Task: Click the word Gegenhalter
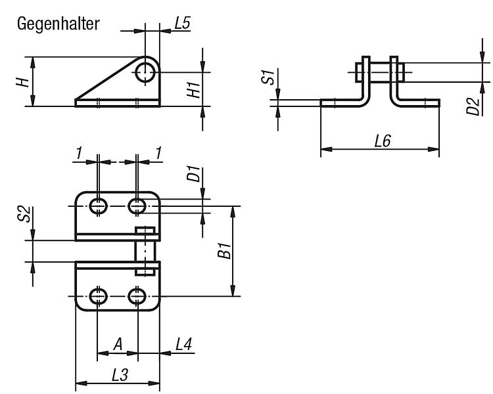tap(58, 24)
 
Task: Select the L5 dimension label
tap(183, 23)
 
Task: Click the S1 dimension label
tap(268, 77)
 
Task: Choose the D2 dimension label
tap(473, 106)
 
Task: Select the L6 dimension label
tap(383, 141)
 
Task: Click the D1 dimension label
tap(193, 174)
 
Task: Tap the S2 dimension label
tap(24, 214)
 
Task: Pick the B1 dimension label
tap(225, 250)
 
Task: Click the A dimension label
tap(118, 344)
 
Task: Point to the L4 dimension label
tap(183, 344)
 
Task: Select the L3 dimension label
tap(120, 375)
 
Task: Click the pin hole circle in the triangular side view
tap(145, 72)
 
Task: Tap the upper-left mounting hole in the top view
tap(99, 206)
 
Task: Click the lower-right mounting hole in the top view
tap(137, 296)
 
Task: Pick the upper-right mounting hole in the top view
tap(137, 206)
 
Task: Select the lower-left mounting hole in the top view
tap(99, 296)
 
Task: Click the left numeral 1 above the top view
tap(79, 153)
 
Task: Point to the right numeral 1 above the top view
tap(159, 153)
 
